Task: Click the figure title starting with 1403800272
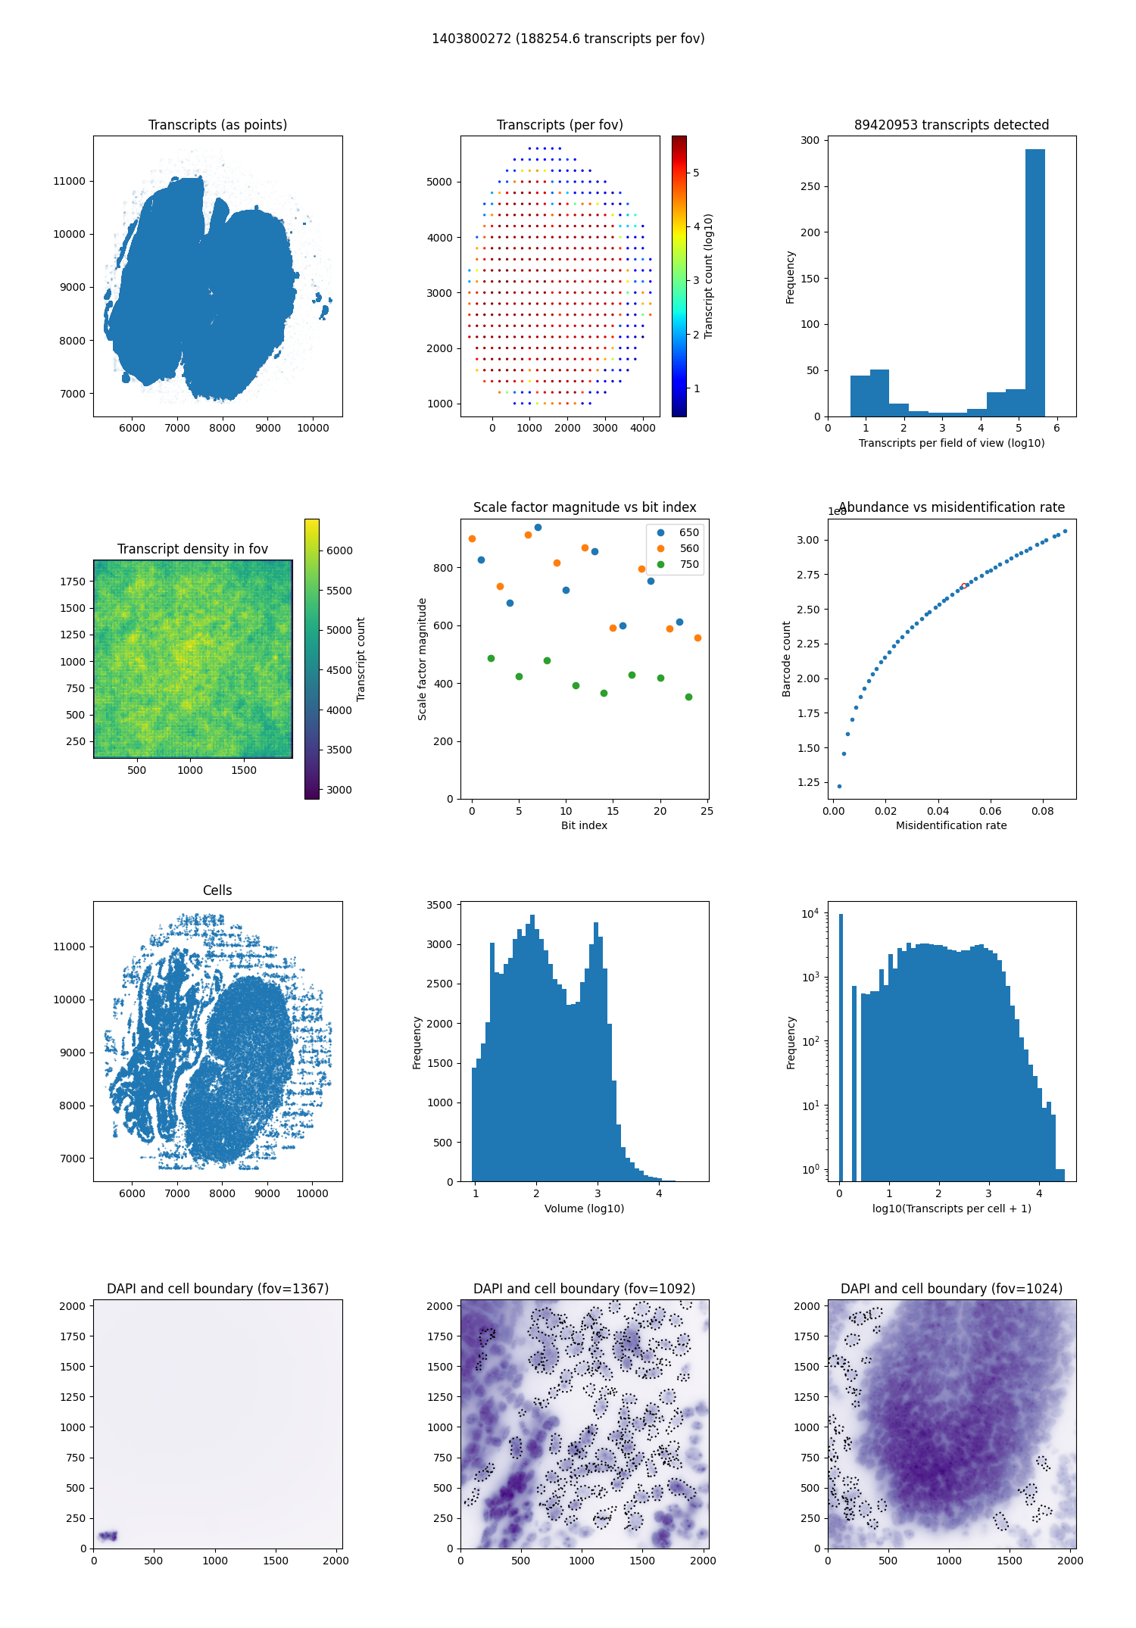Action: [568, 39]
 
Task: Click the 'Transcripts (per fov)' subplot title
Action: [560, 125]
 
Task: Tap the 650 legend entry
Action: [688, 532]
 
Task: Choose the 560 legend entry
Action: [688, 548]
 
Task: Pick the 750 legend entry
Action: [688, 564]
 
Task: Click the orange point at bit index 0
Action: [472, 539]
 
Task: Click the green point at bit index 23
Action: [688, 697]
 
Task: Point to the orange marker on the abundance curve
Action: [963, 586]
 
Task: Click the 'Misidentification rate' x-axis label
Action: [951, 825]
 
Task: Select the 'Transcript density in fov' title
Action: [192, 549]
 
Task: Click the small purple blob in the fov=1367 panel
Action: [108, 1536]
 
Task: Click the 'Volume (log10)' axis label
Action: [584, 1209]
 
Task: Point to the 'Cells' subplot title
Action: [217, 890]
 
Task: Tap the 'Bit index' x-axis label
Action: [584, 825]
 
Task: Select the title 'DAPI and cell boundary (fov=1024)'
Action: [951, 1289]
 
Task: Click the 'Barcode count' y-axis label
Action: [786, 659]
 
